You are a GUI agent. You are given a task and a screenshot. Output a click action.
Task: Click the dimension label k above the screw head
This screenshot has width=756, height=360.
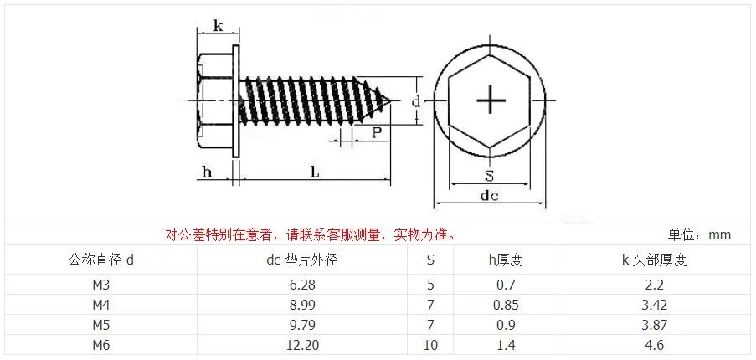(218, 26)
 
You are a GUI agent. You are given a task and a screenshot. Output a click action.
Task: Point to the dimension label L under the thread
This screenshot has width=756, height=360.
(315, 172)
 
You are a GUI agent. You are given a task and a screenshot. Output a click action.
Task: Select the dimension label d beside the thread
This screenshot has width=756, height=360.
(415, 101)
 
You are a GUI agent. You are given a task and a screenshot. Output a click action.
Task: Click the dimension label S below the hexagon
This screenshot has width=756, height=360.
(490, 176)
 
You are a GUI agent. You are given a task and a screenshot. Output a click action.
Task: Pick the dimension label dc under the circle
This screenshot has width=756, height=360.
(490, 195)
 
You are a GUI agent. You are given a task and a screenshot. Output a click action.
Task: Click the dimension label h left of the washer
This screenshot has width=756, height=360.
(207, 172)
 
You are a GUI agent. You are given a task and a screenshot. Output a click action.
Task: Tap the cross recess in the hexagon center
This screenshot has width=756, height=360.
(491, 100)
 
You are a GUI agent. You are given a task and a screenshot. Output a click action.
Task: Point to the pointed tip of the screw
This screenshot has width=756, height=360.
(389, 100)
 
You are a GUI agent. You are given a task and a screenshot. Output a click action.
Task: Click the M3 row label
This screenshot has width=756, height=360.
(101, 285)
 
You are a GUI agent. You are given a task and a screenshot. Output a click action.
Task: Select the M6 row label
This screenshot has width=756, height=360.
(101, 345)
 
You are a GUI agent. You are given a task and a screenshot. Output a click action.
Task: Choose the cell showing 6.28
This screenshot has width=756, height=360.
(302, 285)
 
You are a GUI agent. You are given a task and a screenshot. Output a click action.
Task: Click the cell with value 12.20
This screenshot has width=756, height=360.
(302, 345)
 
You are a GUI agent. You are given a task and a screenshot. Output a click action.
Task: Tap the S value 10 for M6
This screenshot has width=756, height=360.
(430, 345)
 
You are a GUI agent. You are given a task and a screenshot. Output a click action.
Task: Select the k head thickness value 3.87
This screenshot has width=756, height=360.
(654, 325)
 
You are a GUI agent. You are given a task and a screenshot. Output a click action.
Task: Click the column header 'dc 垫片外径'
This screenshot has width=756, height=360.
(302, 260)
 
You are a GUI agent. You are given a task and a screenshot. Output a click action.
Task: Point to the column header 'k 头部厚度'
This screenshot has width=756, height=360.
(654, 260)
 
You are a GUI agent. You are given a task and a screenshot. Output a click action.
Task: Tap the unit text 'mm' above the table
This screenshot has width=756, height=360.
(720, 235)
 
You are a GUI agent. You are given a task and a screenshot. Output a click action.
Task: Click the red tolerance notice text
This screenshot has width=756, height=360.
(310, 235)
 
